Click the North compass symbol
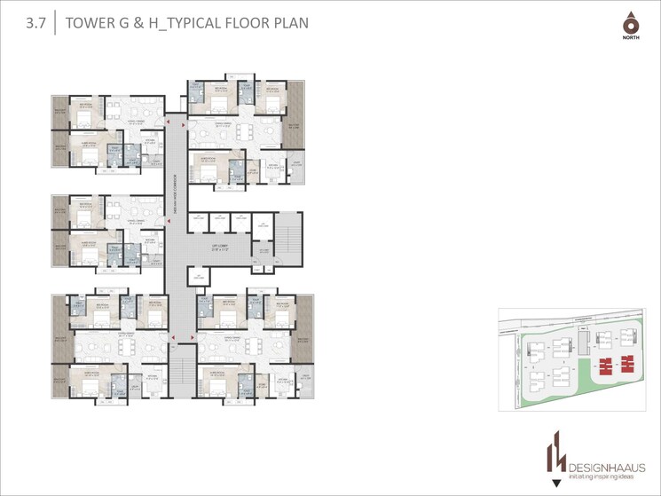630,24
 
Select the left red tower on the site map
606,364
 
